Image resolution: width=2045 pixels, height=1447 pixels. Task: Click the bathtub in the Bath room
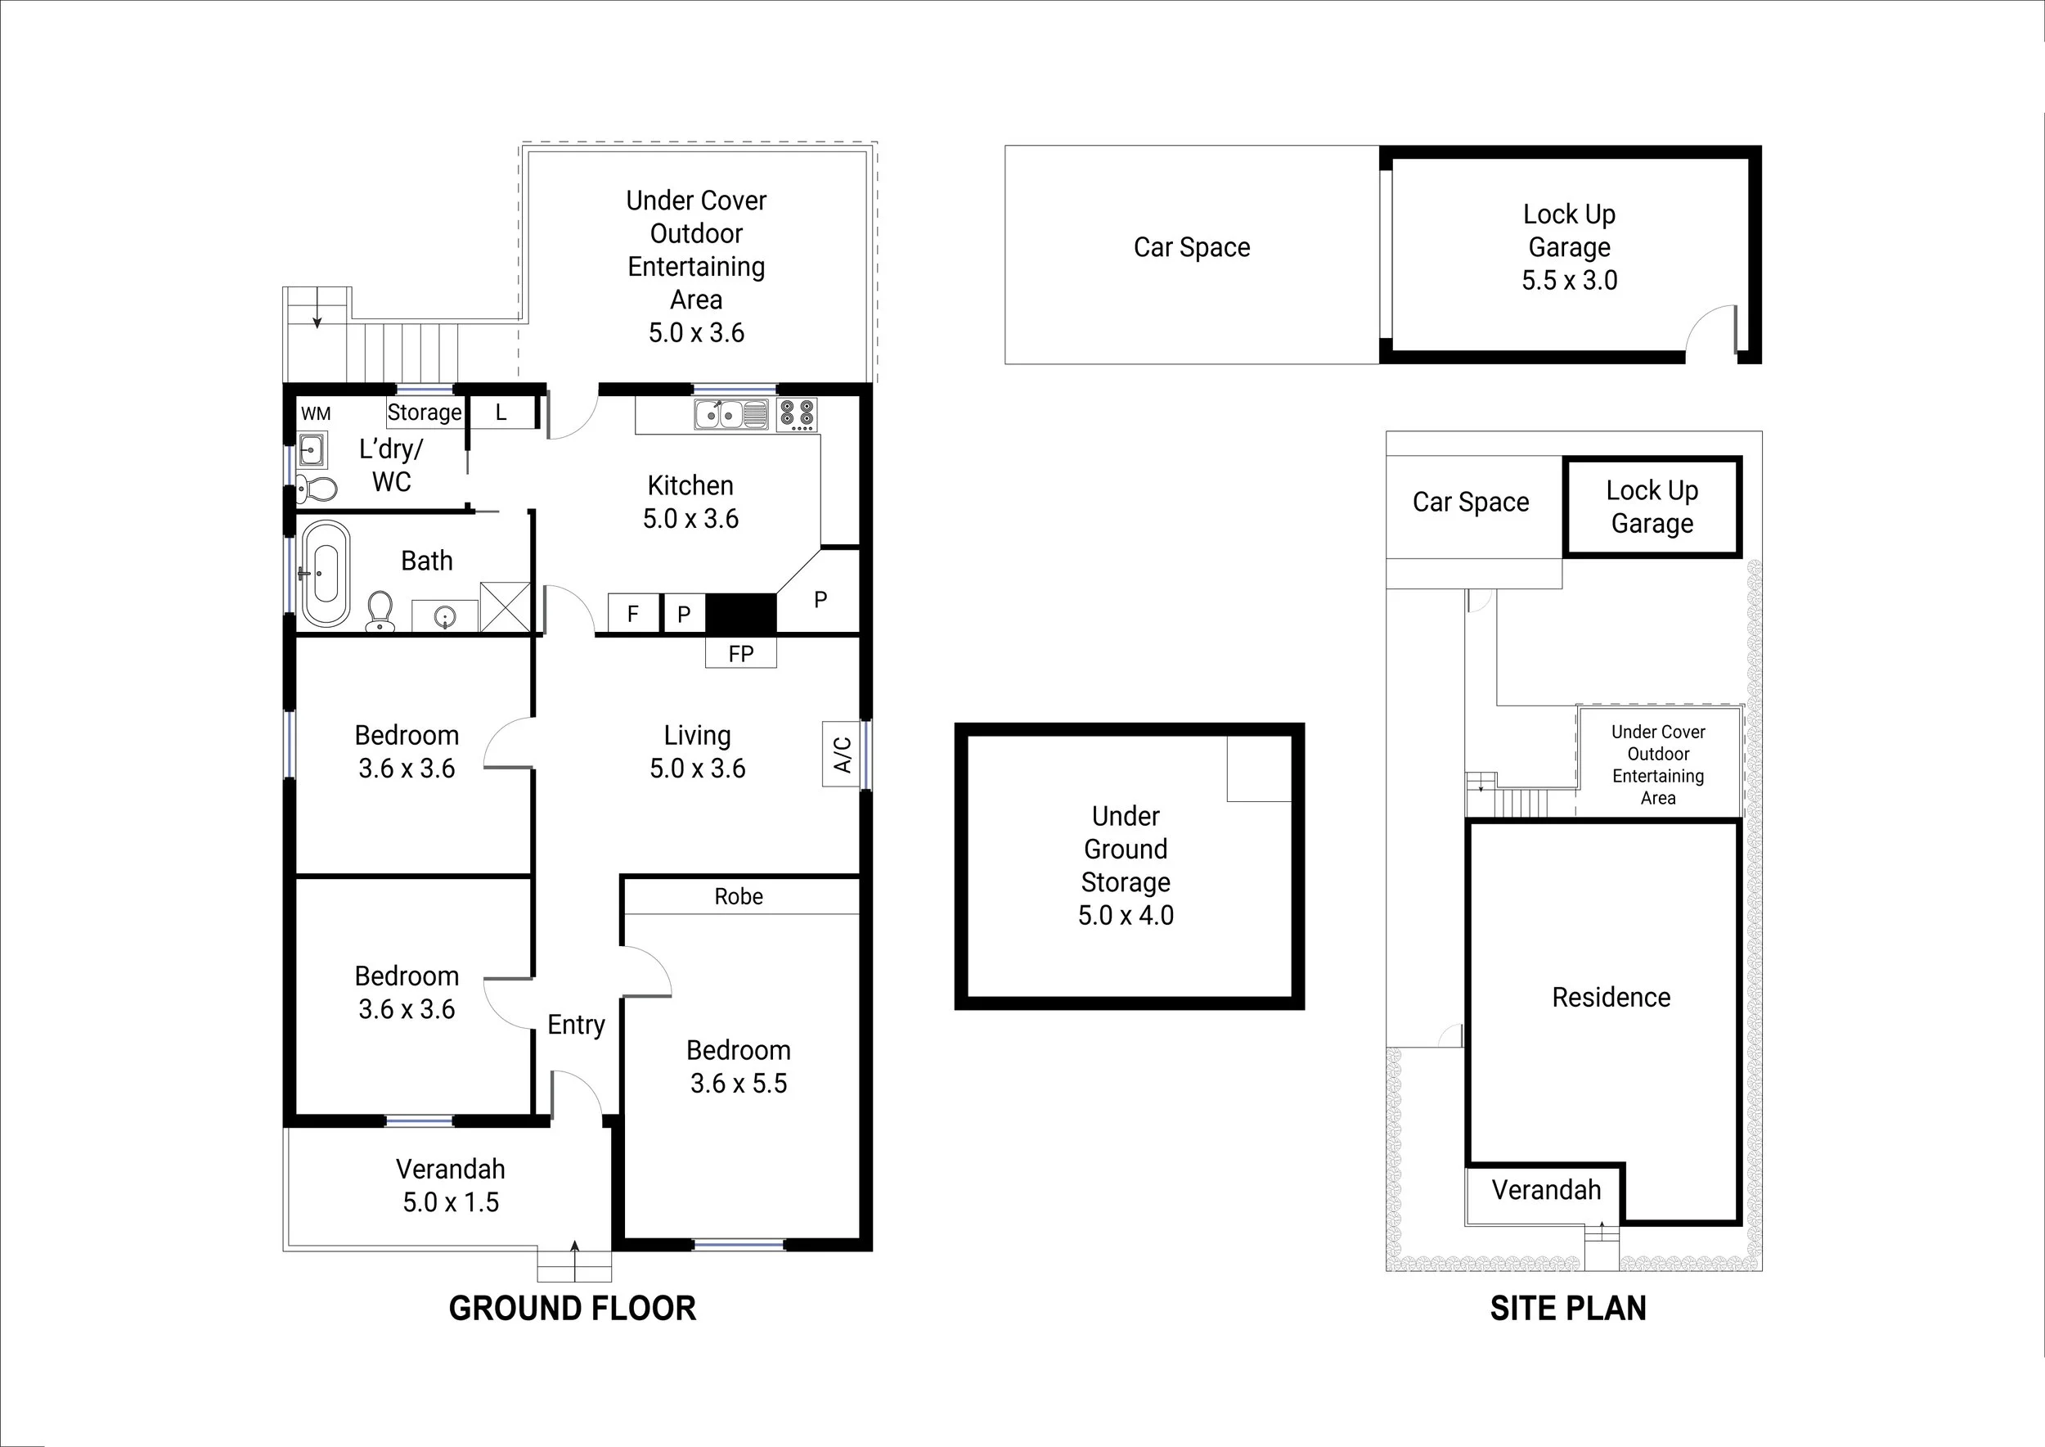tap(325, 574)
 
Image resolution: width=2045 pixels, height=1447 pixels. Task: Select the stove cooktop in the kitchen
tap(796, 414)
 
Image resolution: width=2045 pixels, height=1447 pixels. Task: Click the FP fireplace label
tap(740, 654)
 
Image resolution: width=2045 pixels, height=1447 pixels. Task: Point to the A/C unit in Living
tap(842, 754)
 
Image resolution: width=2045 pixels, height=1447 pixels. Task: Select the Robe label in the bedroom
tap(739, 896)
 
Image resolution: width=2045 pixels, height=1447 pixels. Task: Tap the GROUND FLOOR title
tap(572, 1308)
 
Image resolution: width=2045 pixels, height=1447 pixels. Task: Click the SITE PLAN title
tap(1567, 1308)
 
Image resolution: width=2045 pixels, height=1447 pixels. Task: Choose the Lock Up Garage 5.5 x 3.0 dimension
tap(1570, 281)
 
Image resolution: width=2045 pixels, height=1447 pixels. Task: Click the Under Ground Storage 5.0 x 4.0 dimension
tap(1126, 915)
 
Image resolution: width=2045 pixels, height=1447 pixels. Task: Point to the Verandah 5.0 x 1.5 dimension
tap(451, 1202)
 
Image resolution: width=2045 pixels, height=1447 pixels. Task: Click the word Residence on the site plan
tap(1611, 997)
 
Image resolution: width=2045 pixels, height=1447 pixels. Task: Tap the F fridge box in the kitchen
tap(632, 614)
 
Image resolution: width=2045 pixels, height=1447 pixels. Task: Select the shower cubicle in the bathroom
tap(505, 606)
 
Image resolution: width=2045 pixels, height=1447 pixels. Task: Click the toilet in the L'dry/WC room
tap(317, 489)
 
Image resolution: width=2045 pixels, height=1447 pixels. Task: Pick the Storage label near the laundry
tap(424, 412)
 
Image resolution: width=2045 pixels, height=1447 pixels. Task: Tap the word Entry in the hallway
tap(576, 1025)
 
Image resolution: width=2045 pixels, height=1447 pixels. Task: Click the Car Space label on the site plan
tap(1471, 503)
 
